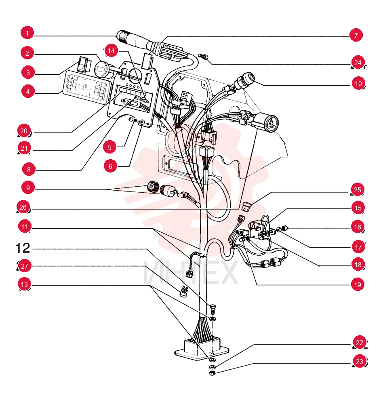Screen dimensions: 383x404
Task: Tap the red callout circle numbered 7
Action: pyautogui.click(x=356, y=35)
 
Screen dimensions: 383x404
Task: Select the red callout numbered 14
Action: pyautogui.click(x=111, y=51)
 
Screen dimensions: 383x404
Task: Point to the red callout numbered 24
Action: pyautogui.click(x=358, y=62)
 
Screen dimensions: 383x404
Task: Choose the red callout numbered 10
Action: pyautogui.click(x=358, y=83)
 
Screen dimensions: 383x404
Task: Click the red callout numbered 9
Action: pyautogui.click(x=28, y=187)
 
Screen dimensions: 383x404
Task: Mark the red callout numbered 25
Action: pyautogui.click(x=357, y=189)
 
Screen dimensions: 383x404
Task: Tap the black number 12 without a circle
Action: pyautogui.click(x=23, y=248)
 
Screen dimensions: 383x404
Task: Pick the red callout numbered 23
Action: pyautogui.click(x=359, y=361)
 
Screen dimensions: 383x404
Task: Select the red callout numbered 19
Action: pyautogui.click(x=358, y=284)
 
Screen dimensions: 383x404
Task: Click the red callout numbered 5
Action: pyautogui.click(x=109, y=147)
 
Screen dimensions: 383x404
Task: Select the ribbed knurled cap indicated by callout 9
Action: pyautogui.click(x=153, y=187)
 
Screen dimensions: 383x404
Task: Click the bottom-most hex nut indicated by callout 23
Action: pyautogui.click(x=212, y=373)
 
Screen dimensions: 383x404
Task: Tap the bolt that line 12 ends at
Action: pyautogui.click(x=213, y=309)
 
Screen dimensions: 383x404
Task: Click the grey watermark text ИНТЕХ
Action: pyautogui.click(x=191, y=273)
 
